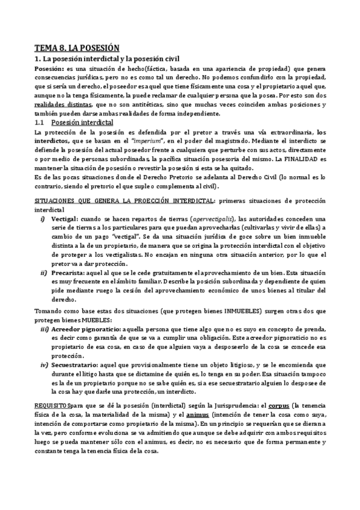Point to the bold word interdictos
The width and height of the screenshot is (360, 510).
(53, 141)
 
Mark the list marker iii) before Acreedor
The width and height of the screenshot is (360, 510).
(45, 330)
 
